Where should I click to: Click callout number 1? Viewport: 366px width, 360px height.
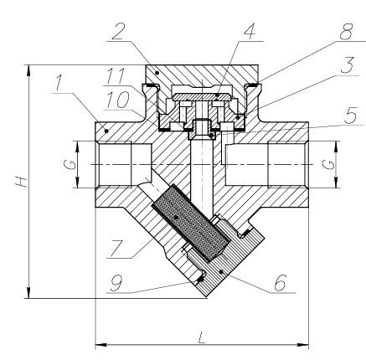click(59, 83)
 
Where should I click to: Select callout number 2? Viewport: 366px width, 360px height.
click(117, 31)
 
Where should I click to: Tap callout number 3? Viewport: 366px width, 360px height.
click(348, 65)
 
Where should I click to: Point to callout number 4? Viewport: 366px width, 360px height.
click(250, 32)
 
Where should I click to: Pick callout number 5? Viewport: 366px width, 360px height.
click(350, 115)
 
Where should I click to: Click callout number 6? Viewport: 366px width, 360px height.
click(281, 283)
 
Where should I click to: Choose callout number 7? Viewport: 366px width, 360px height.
click(116, 249)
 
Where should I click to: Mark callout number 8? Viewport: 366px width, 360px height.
click(346, 32)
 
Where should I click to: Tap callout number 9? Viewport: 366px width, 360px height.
click(116, 283)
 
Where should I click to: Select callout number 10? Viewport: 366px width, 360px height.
click(118, 100)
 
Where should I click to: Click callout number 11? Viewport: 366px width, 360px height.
click(115, 76)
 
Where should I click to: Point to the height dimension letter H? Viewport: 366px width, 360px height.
click(22, 182)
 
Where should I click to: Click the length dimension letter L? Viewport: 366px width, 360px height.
click(201, 337)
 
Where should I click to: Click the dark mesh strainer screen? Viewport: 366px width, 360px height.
click(191, 223)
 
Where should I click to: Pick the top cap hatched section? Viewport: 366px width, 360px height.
click(202, 74)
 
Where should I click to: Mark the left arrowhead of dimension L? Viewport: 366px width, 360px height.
click(101, 345)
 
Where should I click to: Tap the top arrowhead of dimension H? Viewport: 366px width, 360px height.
click(28, 70)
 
